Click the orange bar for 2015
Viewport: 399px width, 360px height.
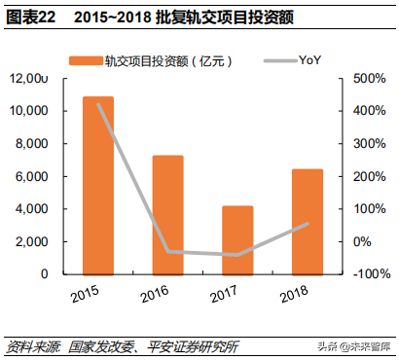pyautogui.click(x=97, y=185)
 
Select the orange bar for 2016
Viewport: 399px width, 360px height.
pyautogui.click(x=167, y=214)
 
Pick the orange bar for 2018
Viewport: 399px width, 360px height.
pyautogui.click(x=308, y=221)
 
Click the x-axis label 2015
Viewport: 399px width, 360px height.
pyautogui.click(x=86, y=293)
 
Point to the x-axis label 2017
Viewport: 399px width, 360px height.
pyautogui.click(x=226, y=293)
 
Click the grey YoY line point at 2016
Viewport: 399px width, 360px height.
pyautogui.click(x=167, y=251)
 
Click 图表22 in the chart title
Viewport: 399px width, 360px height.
pyautogui.click(x=30, y=18)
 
